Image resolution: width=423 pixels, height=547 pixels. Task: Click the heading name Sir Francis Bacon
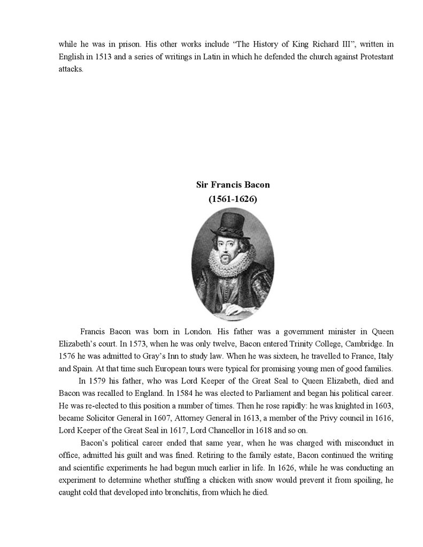(x=233, y=185)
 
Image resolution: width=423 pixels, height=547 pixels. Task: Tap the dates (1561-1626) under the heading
(x=233, y=199)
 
